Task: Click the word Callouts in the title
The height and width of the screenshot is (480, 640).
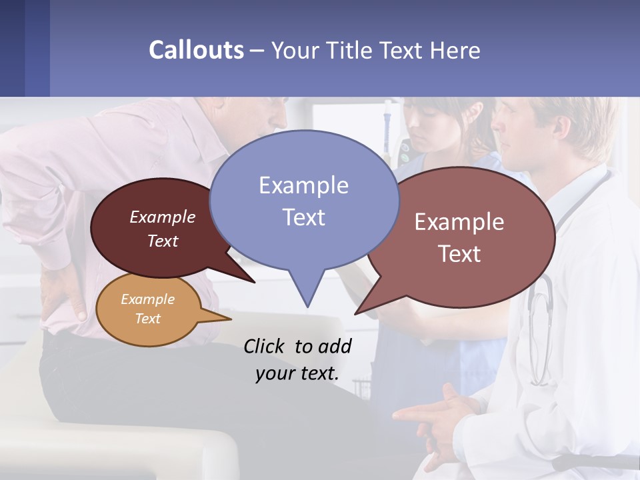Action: [196, 50]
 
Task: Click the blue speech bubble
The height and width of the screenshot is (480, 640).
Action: [304, 200]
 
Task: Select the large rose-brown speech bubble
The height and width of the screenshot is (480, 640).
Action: [460, 237]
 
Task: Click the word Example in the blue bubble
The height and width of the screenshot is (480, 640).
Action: [303, 185]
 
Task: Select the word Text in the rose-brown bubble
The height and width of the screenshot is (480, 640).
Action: [459, 254]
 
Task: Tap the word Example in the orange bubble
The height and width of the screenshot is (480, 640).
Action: [148, 299]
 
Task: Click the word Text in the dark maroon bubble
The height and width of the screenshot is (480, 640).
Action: [163, 241]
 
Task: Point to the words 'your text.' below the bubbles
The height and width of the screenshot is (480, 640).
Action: [297, 373]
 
